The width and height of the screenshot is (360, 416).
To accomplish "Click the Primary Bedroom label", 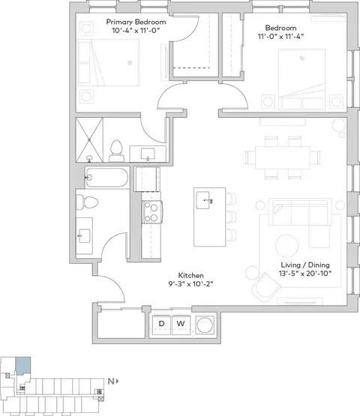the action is coord(136,22).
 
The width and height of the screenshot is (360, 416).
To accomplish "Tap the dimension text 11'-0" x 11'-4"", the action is coord(280,36).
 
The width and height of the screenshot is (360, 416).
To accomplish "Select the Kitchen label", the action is coord(191,275).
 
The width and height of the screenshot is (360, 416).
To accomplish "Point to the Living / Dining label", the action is coord(305,265).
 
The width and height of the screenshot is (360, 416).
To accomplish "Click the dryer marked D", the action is coord(161,325).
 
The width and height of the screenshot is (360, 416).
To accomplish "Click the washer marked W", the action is coord(181,325).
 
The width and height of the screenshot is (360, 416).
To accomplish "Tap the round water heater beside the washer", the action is coord(205,325).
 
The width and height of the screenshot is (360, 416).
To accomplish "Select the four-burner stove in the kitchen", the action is coord(151,212).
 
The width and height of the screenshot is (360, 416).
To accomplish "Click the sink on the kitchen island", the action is coord(203,200).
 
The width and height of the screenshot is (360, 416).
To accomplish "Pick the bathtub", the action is coord(107,178).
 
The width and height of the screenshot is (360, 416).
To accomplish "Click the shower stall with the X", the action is coord(89,140).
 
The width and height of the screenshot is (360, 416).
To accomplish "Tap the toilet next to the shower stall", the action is coord(116,151).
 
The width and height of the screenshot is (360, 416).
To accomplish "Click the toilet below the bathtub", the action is coord(87,202).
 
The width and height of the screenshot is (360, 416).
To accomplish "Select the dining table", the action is coord(283,157).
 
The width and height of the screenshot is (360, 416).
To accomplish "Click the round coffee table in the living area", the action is coord(286,246).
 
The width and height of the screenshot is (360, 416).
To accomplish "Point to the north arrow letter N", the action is coord(111,382).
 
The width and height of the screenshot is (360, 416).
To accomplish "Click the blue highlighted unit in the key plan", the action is coord(22,365).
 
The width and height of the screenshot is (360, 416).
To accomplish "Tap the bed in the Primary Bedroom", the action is coord(108,63).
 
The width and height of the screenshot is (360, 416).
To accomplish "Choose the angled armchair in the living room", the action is coord(265,287).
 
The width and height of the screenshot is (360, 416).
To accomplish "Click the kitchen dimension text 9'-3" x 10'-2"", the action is coord(191,284).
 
